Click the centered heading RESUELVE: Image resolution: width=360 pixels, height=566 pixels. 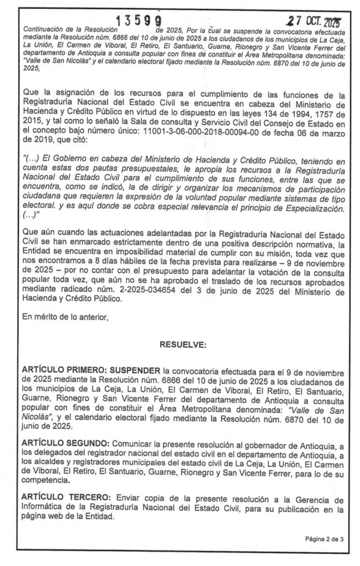pos(183,344)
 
